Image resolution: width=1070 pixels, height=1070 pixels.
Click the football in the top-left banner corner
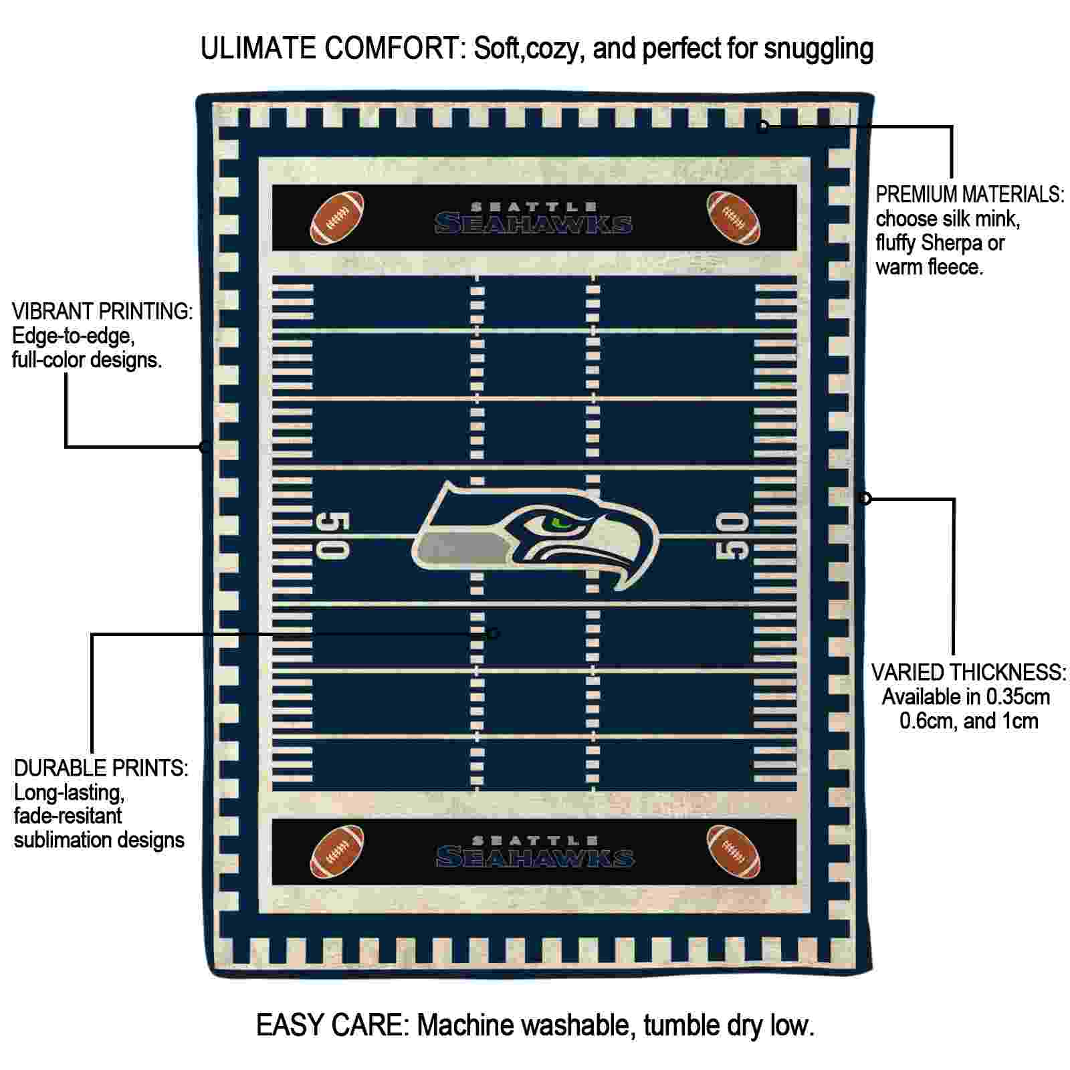point(338,218)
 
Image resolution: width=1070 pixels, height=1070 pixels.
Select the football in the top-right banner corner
point(734,218)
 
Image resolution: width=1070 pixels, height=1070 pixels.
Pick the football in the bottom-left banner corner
point(338,851)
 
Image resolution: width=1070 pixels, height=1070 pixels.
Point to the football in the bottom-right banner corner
point(734,851)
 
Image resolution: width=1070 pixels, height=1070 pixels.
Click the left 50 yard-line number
point(332,536)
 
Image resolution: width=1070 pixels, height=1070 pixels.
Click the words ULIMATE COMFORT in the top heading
point(332,49)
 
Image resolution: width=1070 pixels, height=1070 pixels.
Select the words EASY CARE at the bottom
point(331,1025)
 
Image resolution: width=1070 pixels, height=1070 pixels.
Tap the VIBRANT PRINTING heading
point(102,311)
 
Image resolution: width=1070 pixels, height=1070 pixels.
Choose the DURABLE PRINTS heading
point(101,768)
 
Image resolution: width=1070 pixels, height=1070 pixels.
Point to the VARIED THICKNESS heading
point(968,672)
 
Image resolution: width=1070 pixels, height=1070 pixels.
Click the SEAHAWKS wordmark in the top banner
point(534,223)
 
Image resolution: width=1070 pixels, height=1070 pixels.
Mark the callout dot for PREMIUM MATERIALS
point(763,126)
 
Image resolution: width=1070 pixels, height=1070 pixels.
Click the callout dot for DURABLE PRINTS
point(494,633)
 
